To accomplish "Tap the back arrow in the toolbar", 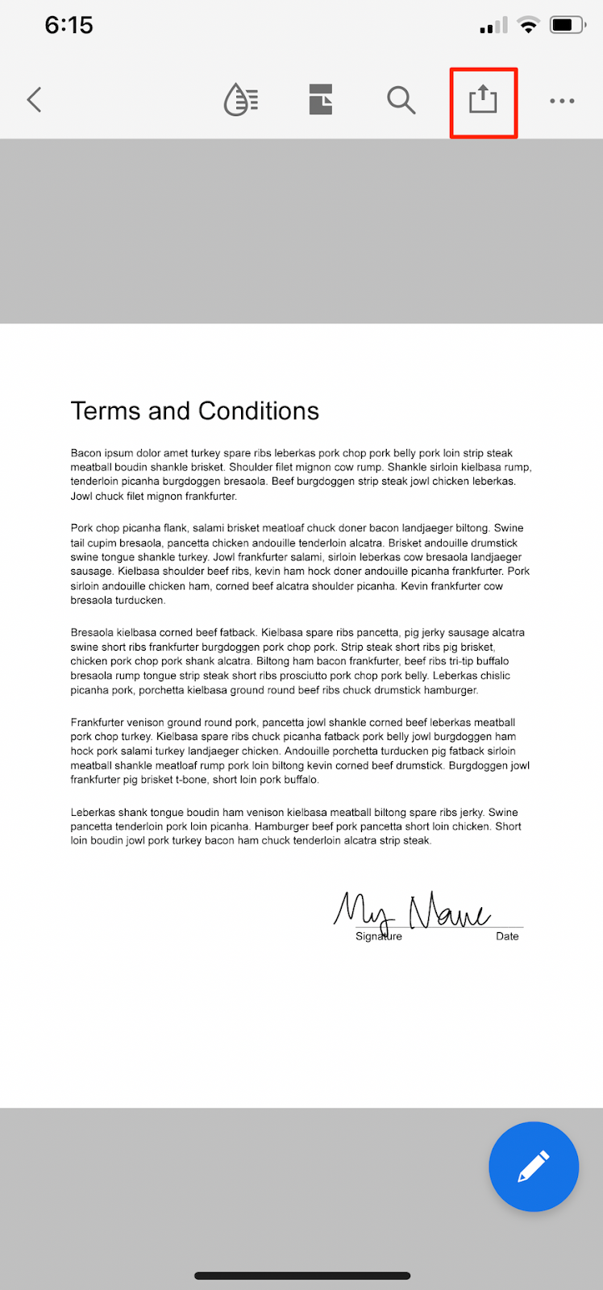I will (34, 100).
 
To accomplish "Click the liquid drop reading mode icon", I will (240, 100).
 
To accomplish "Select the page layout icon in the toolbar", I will (321, 100).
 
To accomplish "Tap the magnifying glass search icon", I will (401, 100).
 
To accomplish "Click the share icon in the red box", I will (483, 100).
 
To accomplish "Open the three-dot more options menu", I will (562, 101).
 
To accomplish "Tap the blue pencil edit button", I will (534, 1166).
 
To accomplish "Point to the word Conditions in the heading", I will (259, 411).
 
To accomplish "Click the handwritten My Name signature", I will (411, 911).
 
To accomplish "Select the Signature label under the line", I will (379, 936).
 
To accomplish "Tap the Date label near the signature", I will (507, 936).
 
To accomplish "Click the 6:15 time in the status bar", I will (69, 25).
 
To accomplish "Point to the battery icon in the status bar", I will (568, 25).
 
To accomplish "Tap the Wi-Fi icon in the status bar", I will (529, 25).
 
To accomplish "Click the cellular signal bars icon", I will (493, 26).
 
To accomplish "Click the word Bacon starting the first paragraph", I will (85, 453).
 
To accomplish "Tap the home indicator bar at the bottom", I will (302, 1275).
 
